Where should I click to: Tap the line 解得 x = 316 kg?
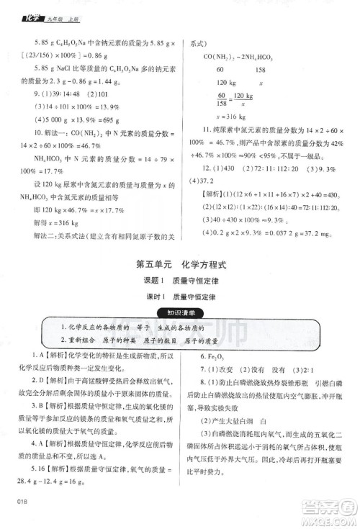click(51, 222)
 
